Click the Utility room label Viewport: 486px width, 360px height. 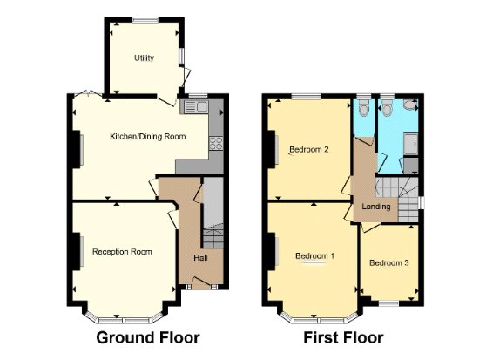click(x=144, y=58)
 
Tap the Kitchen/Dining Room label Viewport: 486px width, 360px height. click(x=148, y=137)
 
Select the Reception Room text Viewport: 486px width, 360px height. click(x=122, y=251)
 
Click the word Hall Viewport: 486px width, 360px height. click(x=200, y=258)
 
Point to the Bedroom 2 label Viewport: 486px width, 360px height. click(x=308, y=149)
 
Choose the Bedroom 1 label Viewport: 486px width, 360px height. click(x=314, y=255)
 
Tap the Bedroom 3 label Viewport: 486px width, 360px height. click(x=389, y=263)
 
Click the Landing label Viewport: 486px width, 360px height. click(x=376, y=207)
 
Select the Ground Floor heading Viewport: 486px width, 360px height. click(x=148, y=337)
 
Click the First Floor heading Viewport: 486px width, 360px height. click(x=343, y=337)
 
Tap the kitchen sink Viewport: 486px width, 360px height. click(x=196, y=107)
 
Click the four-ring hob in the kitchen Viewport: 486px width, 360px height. click(x=216, y=144)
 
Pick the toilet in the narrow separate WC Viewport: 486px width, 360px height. click(x=363, y=108)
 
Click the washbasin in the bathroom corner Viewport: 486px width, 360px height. click(x=411, y=105)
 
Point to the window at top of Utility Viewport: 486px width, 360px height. click(x=145, y=20)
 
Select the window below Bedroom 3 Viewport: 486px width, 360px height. click(x=388, y=303)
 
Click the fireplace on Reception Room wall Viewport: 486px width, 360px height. click(x=77, y=251)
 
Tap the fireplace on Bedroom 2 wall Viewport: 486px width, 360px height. click(x=272, y=150)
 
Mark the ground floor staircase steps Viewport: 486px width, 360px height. click(x=213, y=239)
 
